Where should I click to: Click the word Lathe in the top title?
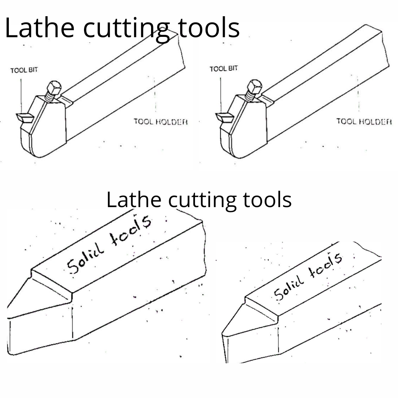[x=40, y=28]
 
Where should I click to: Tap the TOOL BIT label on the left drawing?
[x=24, y=70]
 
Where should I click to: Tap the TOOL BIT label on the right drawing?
[x=224, y=69]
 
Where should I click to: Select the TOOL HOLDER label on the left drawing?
[x=161, y=121]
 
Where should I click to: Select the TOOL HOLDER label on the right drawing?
[x=363, y=121]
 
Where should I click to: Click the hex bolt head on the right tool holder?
[x=253, y=87]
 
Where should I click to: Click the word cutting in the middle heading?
[x=204, y=199]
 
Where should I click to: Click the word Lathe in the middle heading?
[x=134, y=199]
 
